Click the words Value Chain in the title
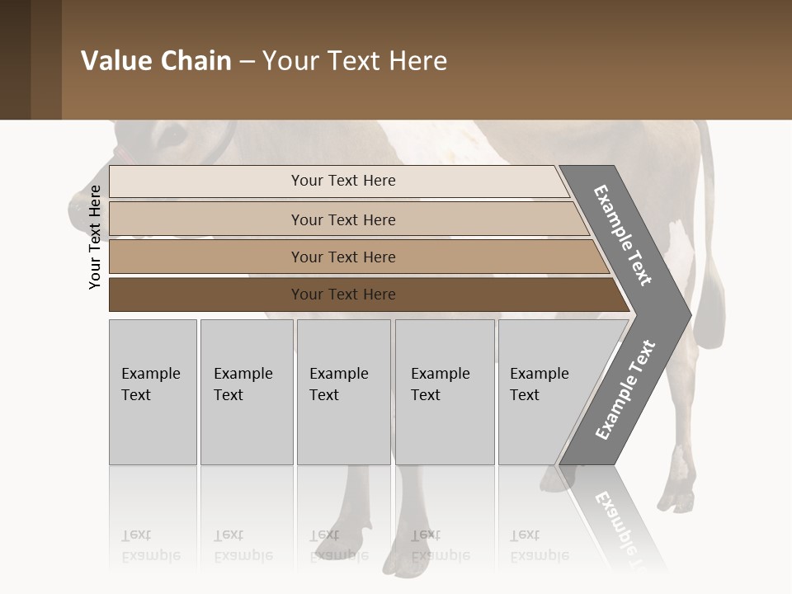click(156, 61)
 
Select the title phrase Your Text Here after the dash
click(355, 61)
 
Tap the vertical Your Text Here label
click(95, 237)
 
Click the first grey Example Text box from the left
click(153, 392)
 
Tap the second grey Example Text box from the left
click(247, 392)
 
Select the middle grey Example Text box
click(343, 392)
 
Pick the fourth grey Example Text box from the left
click(445, 392)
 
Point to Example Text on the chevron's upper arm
click(624, 235)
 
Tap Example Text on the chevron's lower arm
click(625, 390)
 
